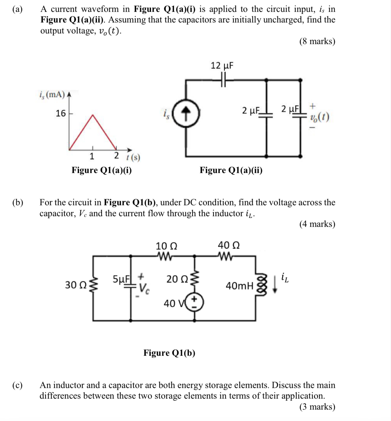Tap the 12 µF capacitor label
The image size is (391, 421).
pyautogui.click(x=222, y=65)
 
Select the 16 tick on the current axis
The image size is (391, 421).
pyautogui.click(x=61, y=114)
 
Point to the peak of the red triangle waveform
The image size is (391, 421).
pyautogui.click(x=93, y=115)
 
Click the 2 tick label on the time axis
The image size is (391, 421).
pyautogui.click(x=116, y=156)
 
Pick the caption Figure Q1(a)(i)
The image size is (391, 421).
pyautogui.click(x=102, y=170)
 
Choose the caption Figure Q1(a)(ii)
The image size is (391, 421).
pyautogui.click(x=231, y=170)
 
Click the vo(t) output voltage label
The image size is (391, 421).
pyautogui.click(x=320, y=117)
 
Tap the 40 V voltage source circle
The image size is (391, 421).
pyautogui.click(x=194, y=302)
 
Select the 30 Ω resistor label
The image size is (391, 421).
pyautogui.click(x=76, y=285)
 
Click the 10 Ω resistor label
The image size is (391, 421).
pyautogui.click(x=166, y=246)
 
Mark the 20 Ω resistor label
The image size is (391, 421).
pyautogui.click(x=177, y=279)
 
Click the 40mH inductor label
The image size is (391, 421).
pyautogui.click(x=239, y=286)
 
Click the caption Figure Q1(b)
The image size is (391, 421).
pyautogui.click(x=169, y=353)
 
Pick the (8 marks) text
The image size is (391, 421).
pyautogui.click(x=317, y=42)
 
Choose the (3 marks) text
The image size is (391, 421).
pyautogui.click(x=317, y=407)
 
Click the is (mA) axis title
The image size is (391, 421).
pyautogui.click(x=52, y=95)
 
